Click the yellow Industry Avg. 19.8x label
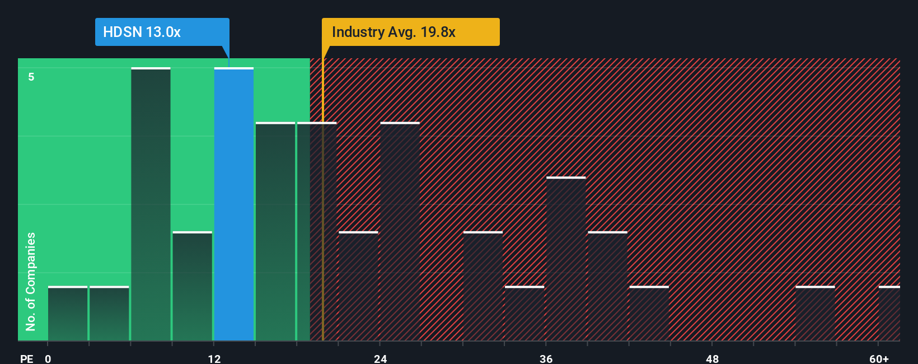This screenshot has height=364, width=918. click(x=410, y=32)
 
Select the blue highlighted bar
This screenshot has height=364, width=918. click(x=234, y=204)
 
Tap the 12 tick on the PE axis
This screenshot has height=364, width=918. click(x=214, y=358)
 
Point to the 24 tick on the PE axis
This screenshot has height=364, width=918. click(x=381, y=358)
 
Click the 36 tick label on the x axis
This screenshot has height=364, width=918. click(x=546, y=358)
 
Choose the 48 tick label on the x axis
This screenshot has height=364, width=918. click(x=712, y=358)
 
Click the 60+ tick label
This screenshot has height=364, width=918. click(x=879, y=358)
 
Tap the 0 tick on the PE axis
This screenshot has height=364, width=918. click(x=48, y=358)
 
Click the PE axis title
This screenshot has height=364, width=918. click(x=26, y=358)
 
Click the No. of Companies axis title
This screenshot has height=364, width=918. click(x=31, y=281)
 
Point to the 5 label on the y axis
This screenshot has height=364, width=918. click(x=31, y=77)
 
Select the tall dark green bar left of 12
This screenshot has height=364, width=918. click(x=151, y=204)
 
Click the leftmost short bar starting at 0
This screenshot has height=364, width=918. click(x=68, y=314)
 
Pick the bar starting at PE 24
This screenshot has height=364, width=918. click(x=400, y=231)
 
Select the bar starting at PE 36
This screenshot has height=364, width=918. click(x=566, y=259)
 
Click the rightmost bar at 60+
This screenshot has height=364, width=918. click(x=889, y=314)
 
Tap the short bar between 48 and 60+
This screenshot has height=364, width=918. click(x=815, y=314)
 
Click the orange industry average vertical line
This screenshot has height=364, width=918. click(x=323, y=224)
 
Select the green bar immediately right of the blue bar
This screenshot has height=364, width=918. click(x=275, y=231)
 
